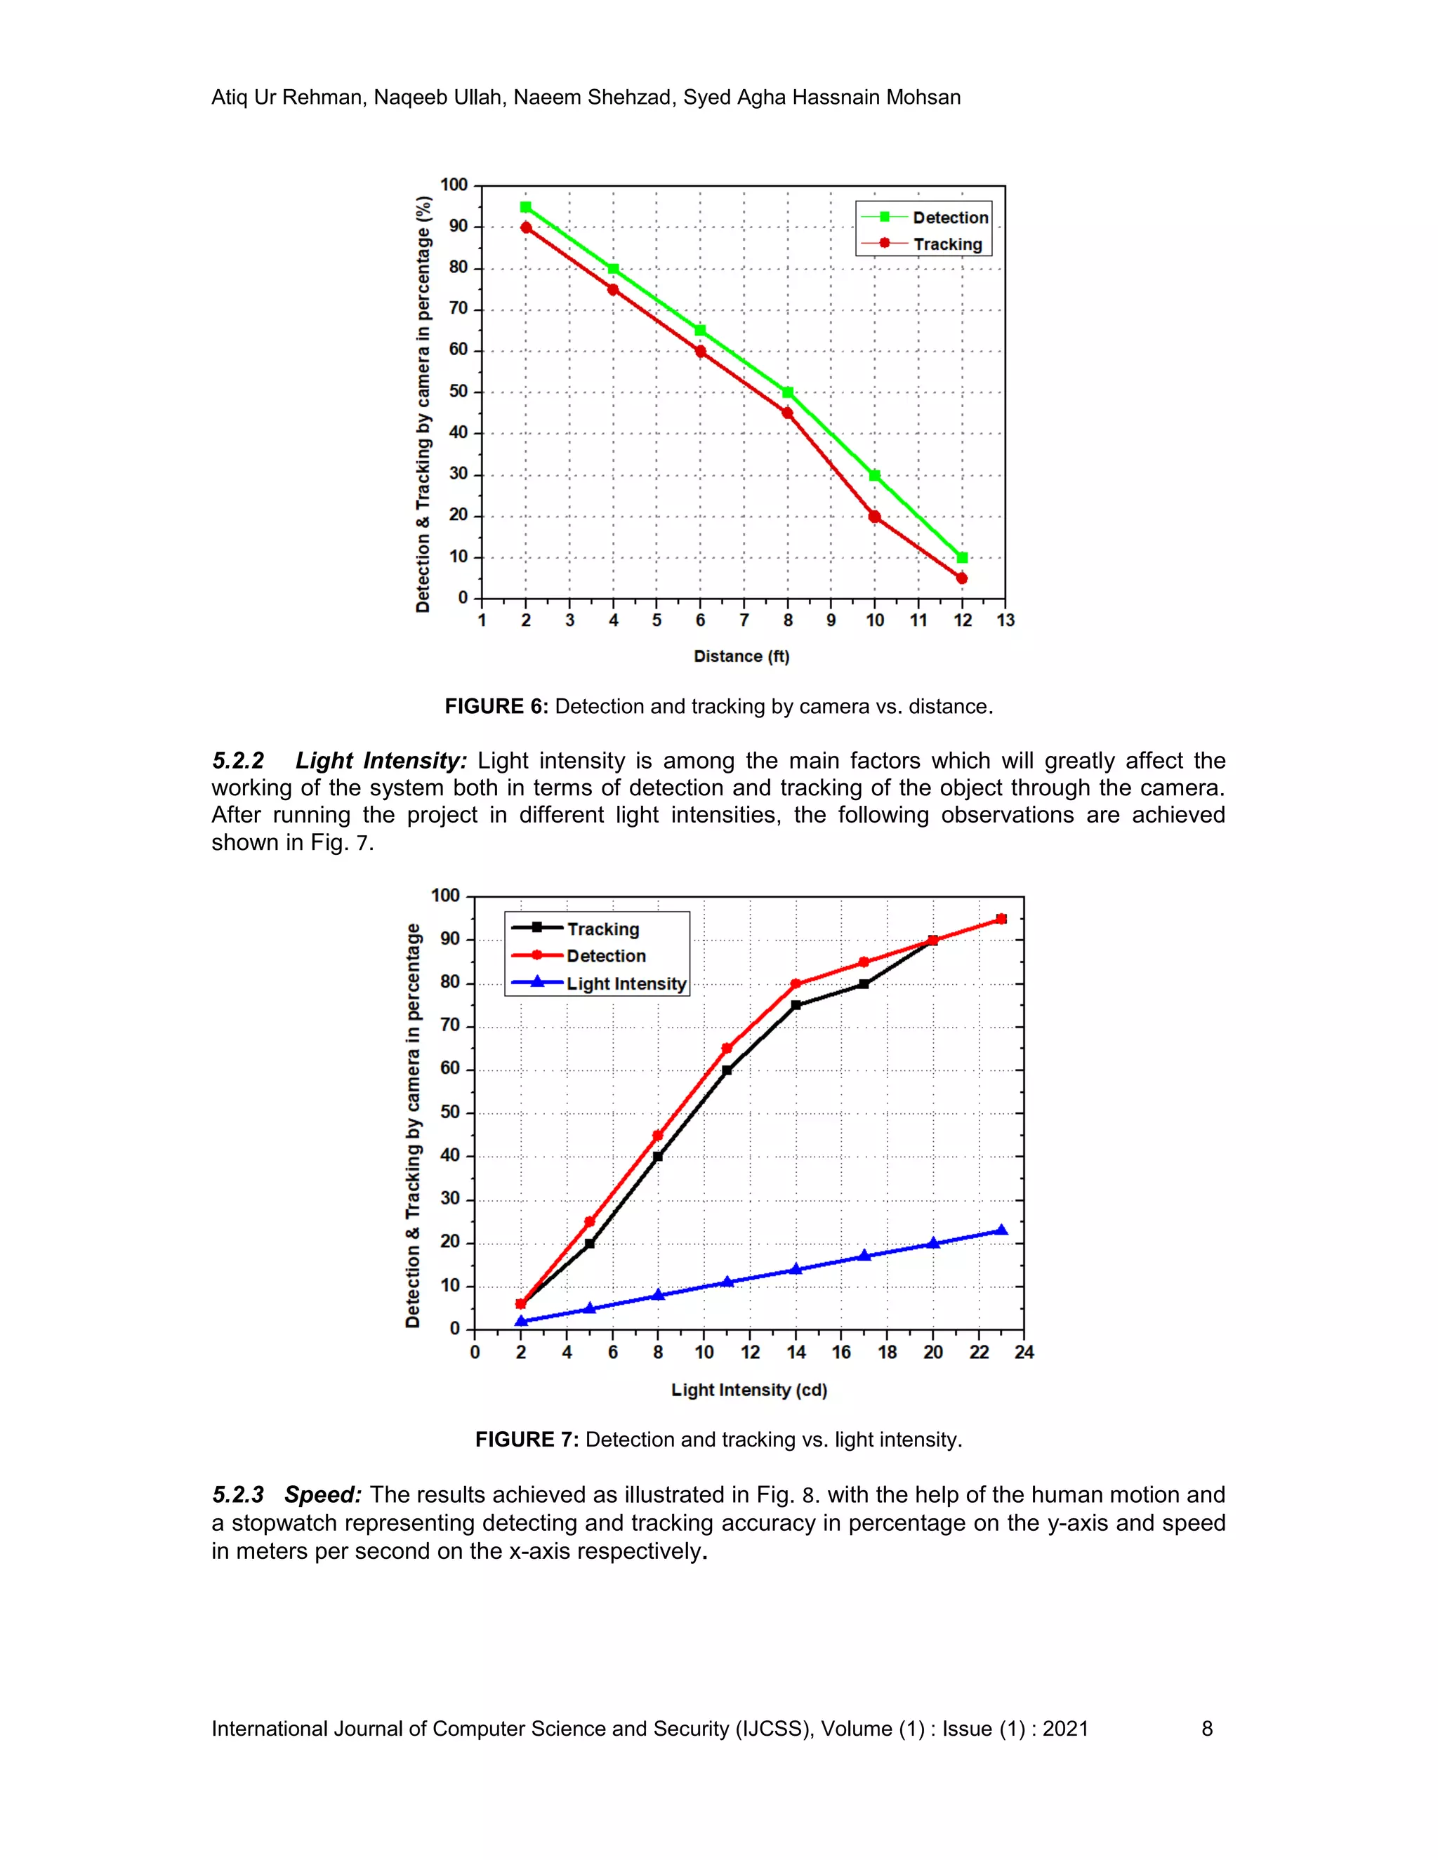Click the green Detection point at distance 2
pos(526,207)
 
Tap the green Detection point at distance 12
pos(963,558)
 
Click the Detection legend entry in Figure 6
pos(950,218)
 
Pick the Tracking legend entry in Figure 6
pos(947,244)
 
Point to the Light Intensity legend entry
pos(626,983)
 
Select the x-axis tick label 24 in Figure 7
pos(1024,1353)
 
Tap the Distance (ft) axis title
pos(741,657)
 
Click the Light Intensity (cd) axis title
pos(748,1390)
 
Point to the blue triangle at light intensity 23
pos(1002,1230)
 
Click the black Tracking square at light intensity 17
pos(864,983)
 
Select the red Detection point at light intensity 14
pos(796,983)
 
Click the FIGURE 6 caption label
pos(496,707)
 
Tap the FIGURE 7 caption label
pos(527,1440)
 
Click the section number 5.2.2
pos(238,761)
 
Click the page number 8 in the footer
pos(1206,1729)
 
